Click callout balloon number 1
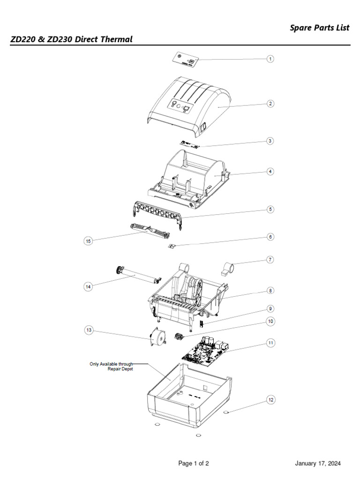coord(270,59)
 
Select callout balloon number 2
coord(270,104)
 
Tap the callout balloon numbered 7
coord(270,259)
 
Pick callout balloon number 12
coord(270,400)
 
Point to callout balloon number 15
coord(88,241)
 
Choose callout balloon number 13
coord(89,330)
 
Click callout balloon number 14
coord(88,286)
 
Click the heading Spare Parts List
coord(319,28)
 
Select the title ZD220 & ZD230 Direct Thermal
coord(71,39)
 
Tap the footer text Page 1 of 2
coord(193,464)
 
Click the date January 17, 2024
coord(318,464)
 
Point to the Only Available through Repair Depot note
coord(112,366)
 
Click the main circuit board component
coord(205,349)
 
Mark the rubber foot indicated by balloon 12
coord(226,412)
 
